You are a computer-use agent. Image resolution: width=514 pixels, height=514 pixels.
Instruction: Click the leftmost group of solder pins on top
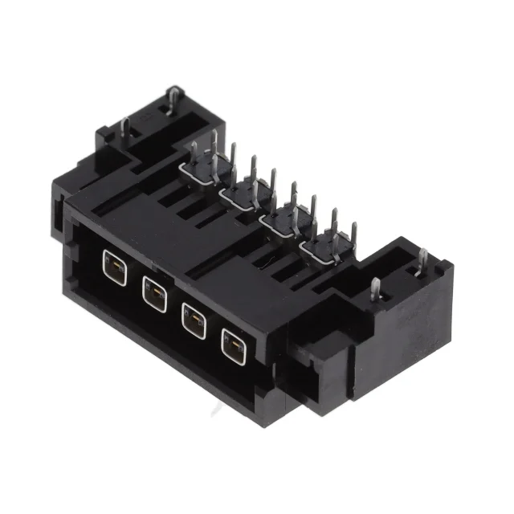pos(208,165)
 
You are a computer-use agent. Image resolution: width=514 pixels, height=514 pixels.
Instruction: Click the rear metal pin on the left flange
pos(172,100)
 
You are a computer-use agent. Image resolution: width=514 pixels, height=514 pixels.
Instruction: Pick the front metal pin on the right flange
pos(375,290)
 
